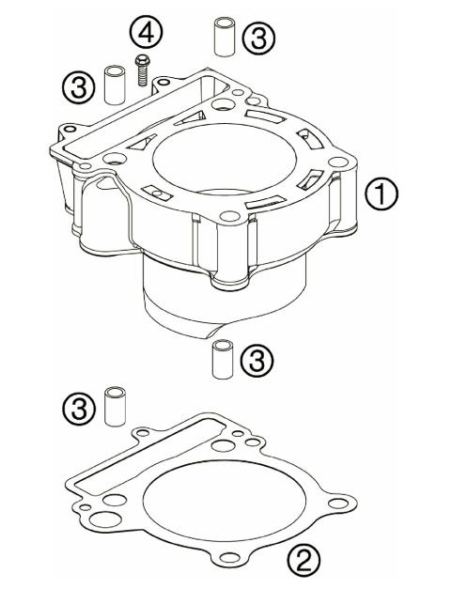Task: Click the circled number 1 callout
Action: [x=383, y=195]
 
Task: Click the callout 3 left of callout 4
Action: [x=80, y=88]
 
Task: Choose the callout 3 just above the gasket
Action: [x=80, y=409]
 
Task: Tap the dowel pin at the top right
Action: [x=222, y=36]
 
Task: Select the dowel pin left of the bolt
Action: [x=114, y=84]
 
